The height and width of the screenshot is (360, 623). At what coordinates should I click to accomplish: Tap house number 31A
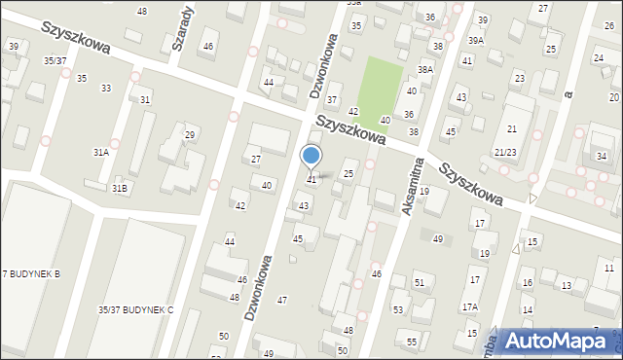pyautogui.click(x=100, y=153)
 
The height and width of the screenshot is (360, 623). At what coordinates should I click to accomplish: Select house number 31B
pyautogui.click(x=119, y=188)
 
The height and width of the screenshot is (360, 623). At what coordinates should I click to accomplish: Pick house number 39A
pyautogui.click(x=476, y=41)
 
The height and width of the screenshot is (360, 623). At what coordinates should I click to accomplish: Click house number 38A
pyautogui.click(x=424, y=70)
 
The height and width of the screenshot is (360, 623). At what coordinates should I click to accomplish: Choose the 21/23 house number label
pyautogui.click(x=505, y=153)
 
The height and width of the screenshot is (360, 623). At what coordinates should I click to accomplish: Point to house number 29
pyautogui.click(x=190, y=134)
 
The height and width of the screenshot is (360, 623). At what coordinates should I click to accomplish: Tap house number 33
pyautogui.click(x=106, y=89)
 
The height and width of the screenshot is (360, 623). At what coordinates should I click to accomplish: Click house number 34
pyautogui.click(x=602, y=157)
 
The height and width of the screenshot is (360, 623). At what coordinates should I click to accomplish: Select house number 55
pyautogui.click(x=412, y=342)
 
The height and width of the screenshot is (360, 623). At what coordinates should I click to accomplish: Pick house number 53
pyautogui.click(x=398, y=309)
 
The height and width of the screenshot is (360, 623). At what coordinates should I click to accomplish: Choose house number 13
pyautogui.click(x=567, y=285)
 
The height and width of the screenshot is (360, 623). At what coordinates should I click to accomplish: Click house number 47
pyautogui.click(x=282, y=300)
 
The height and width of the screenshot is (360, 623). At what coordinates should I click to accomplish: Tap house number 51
pyautogui.click(x=420, y=282)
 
